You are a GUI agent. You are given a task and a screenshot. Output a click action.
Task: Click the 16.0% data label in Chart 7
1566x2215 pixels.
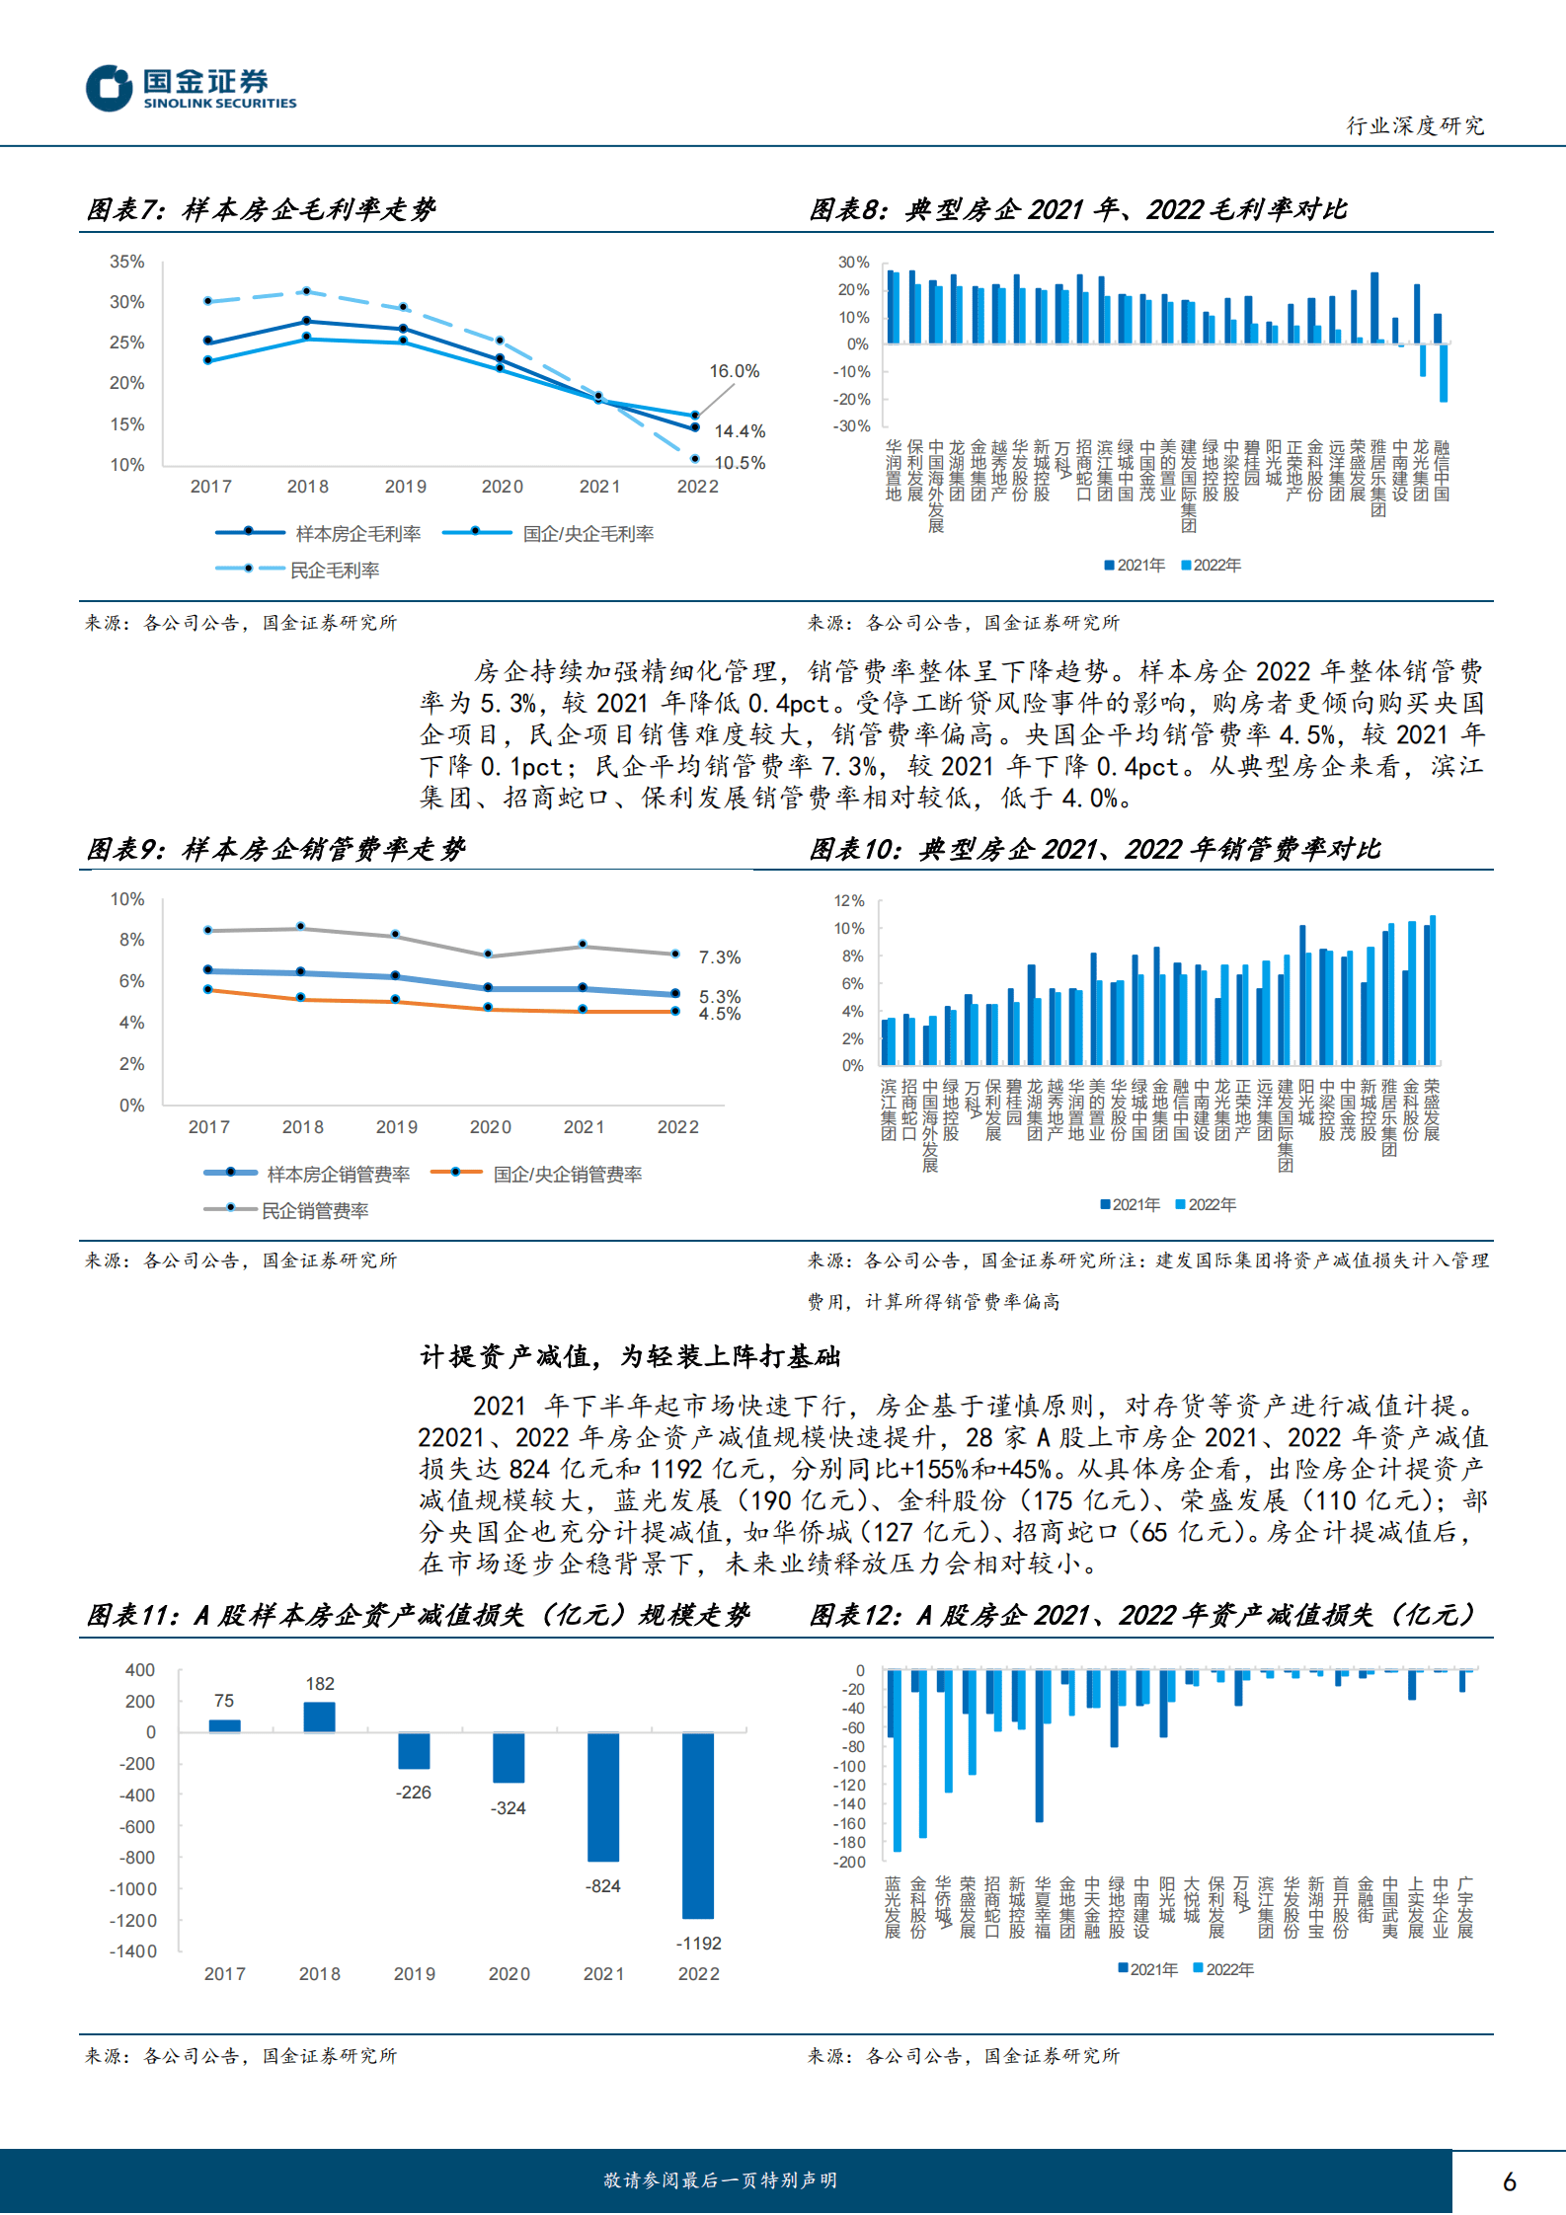734,371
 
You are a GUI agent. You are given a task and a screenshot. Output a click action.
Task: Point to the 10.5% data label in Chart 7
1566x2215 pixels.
740,463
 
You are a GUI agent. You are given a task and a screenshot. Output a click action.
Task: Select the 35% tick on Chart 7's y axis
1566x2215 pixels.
126,262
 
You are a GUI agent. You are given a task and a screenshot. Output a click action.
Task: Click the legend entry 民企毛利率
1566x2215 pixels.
334,570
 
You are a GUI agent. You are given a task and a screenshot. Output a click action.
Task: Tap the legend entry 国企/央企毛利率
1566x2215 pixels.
587,534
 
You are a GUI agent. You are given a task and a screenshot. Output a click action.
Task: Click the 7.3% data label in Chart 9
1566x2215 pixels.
719,957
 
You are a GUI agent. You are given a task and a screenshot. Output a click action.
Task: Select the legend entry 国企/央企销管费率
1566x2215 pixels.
567,1174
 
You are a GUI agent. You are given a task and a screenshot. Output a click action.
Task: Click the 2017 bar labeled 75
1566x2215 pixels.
224,1725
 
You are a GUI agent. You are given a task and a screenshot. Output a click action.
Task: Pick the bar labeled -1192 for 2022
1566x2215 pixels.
698,1825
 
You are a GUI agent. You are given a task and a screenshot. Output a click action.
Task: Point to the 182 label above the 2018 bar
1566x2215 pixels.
319,1684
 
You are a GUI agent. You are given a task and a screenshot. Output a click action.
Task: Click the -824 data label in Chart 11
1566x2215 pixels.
602,1886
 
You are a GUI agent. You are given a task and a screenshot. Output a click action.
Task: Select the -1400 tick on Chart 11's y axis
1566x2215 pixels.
133,1951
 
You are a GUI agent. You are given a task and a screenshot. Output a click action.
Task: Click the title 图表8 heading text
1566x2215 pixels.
1077,209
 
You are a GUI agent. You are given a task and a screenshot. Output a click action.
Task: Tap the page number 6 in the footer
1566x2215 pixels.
1509,2182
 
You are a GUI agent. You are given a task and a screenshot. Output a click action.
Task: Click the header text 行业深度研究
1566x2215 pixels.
1415,125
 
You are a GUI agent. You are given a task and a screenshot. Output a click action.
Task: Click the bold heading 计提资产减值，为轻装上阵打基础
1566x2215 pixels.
630,1356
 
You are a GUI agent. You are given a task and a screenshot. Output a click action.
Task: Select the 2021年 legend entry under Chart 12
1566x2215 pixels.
1147,1969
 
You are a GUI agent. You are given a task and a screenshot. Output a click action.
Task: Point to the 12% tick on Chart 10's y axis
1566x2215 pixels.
848,901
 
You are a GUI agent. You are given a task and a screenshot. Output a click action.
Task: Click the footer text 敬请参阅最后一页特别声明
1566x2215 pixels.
720,2180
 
